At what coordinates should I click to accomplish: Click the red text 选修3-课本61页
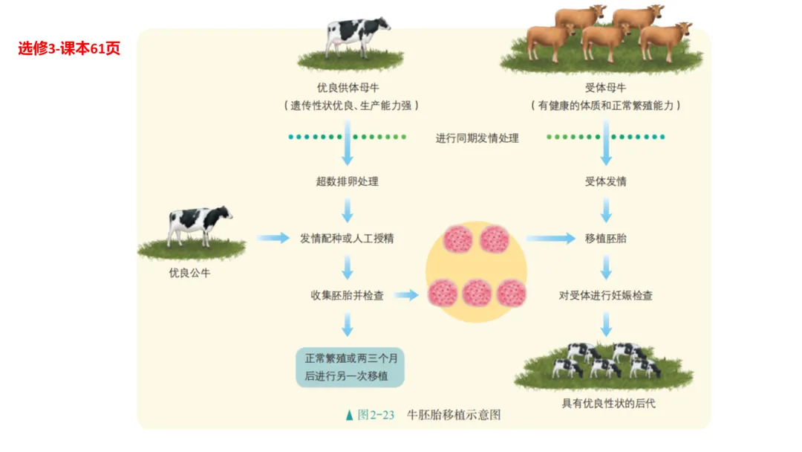[69, 49]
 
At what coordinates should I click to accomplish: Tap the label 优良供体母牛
[347, 88]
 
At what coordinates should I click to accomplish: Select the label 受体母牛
[605, 88]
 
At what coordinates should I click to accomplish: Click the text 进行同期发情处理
[477, 138]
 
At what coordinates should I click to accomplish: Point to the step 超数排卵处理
[347, 181]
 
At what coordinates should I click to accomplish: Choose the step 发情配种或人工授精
[347, 239]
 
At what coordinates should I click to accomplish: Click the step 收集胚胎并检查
[347, 295]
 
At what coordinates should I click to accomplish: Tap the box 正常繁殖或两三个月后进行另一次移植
[350, 367]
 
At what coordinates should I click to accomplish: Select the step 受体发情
[605, 181]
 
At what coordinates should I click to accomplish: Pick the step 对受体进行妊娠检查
[605, 295]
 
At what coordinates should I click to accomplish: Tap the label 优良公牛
[189, 273]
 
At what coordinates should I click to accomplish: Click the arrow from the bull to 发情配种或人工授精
[273, 238]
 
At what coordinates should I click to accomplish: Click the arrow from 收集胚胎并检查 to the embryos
[406, 295]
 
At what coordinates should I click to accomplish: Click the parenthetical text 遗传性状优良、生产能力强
[351, 106]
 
